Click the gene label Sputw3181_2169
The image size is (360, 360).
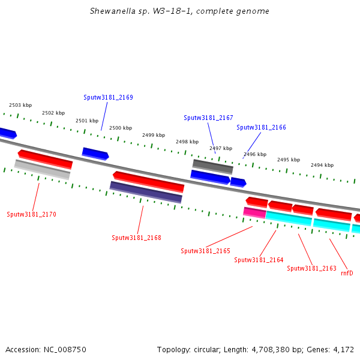[x=108, y=97]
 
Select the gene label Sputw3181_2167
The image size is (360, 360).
[x=208, y=118]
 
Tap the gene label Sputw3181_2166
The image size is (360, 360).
[x=261, y=127]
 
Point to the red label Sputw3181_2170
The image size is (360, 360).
[x=31, y=214]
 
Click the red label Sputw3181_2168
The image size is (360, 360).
[x=136, y=238]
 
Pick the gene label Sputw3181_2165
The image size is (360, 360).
[x=205, y=251]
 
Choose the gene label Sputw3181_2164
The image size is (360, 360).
[x=259, y=260]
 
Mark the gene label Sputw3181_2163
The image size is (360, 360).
[x=311, y=268]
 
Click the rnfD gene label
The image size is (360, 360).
[x=347, y=273]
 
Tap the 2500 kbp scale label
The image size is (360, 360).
[x=120, y=128]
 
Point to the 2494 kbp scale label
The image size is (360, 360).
[x=322, y=165]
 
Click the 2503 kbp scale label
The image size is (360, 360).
[x=20, y=105]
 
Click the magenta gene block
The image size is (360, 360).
[x=254, y=212]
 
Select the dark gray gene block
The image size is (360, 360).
[x=212, y=166]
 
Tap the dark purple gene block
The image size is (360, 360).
[x=146, y=192]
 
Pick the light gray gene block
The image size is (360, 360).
[x=42, y=169]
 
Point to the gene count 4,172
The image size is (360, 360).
[x=343, y=349]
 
